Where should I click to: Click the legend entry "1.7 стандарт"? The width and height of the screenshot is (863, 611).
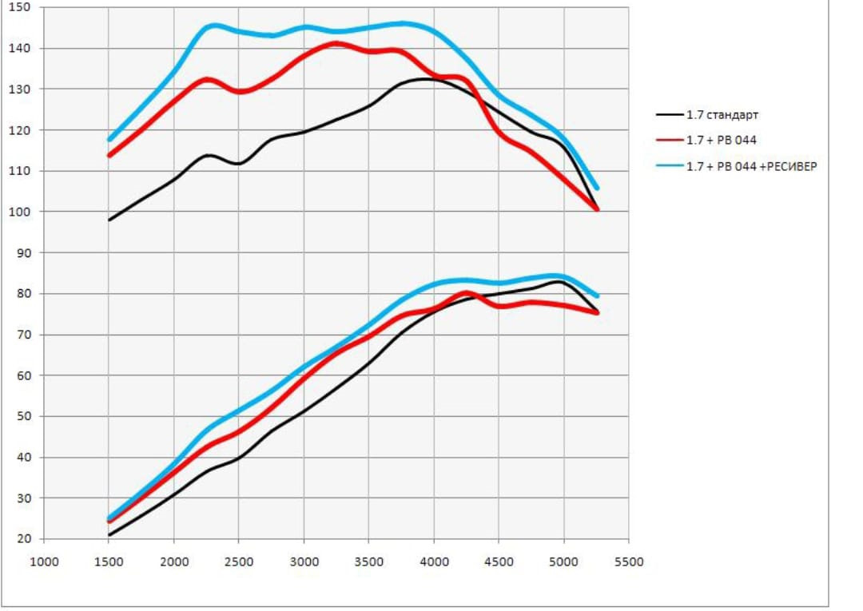point(722,115)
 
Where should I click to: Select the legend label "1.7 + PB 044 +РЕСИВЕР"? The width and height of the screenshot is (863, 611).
point(751,167)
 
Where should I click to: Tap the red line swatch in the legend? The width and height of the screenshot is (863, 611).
point(668,141)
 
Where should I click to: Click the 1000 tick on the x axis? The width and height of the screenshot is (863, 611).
point(44,561)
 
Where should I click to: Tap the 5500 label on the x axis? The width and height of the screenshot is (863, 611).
point(628,561)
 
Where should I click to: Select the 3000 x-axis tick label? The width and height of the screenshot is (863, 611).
point(304,561)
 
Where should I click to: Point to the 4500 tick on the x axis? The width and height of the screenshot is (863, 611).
point(499,561)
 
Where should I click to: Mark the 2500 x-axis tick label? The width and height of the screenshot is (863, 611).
point(239,561)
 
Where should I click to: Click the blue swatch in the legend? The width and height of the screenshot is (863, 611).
point(668,167)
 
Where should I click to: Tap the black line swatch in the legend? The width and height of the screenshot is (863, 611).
point(668,115)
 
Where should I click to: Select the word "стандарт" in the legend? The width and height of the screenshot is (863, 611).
point(731,115)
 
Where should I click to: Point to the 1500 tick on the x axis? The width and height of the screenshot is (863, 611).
point(109,561)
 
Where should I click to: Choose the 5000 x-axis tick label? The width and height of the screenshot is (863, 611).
point(563,561)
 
